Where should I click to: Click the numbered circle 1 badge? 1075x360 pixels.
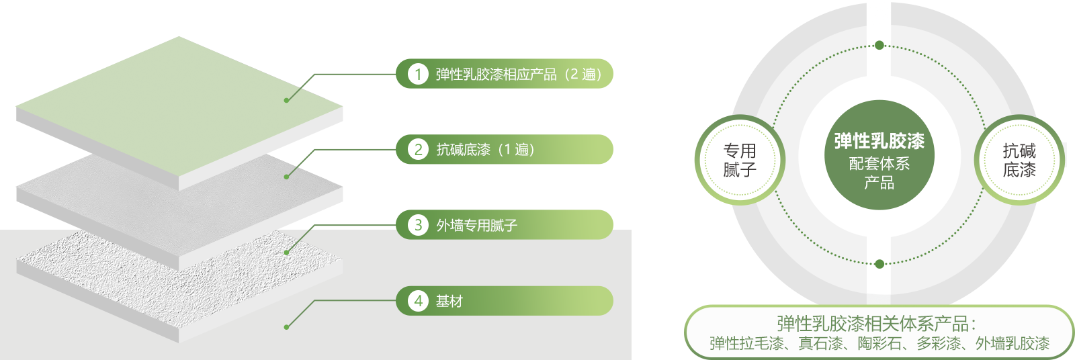pos(418,74)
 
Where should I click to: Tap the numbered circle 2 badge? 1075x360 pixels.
pos(418,149)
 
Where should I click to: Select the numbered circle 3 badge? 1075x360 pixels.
pos(418,224)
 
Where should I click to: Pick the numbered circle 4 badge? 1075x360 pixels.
pos(418,301)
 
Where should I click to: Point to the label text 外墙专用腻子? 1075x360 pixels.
pos(476,225)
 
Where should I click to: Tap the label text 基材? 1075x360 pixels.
pos(449,302)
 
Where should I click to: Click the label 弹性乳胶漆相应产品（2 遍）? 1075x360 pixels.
pos(519,75)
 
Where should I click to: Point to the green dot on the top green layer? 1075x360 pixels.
pos(286,100)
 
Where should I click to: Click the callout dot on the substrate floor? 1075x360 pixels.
pos(286,327)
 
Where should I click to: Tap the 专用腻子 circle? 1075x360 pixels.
pos(740,160)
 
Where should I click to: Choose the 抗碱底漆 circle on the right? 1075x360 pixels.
pos(1019,160)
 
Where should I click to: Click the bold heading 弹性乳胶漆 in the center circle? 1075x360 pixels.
pos(879,141)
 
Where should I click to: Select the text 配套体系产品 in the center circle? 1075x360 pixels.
pos(879,173)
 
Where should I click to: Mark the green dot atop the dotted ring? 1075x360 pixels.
pos(879,46)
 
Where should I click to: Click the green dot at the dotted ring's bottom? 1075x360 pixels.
pos(879,264)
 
